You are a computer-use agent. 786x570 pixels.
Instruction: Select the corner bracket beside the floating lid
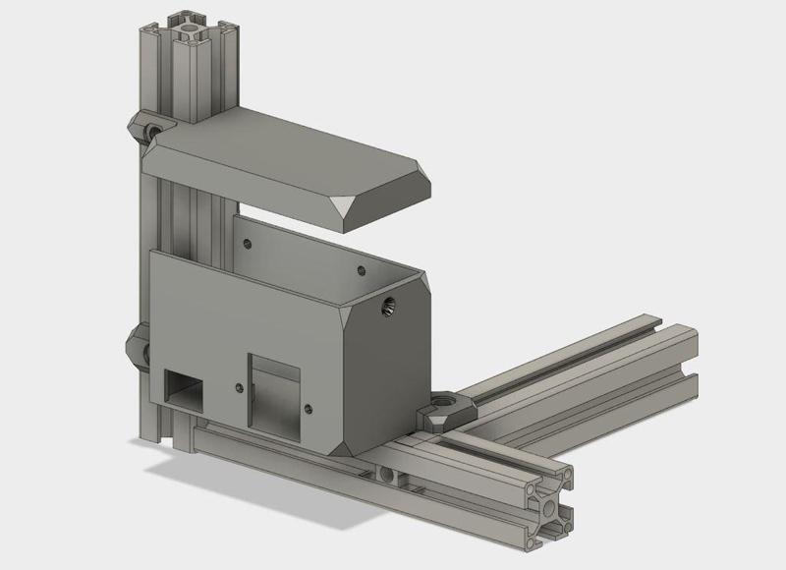click(x=149, y=128)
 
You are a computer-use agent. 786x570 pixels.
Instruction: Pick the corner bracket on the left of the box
click(x=136, y=346)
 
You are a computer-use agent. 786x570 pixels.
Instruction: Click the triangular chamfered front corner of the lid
click(x=347, y=207)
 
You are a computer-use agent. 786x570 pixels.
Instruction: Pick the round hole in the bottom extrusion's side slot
click(x=391, y=477)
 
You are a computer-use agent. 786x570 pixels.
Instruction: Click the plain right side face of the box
click(x=393, y=364)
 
